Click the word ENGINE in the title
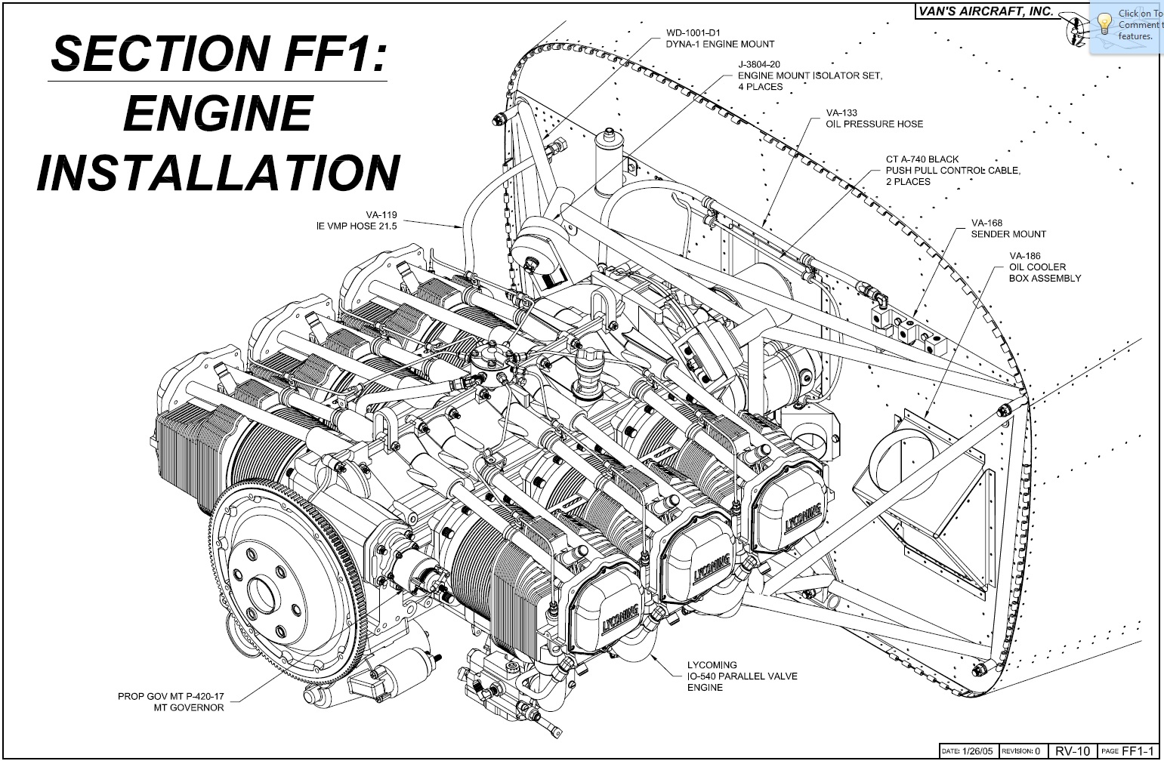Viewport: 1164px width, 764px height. [218, 113]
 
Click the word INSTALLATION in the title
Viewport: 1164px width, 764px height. [218, 172]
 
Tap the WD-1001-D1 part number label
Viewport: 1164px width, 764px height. [694, 33]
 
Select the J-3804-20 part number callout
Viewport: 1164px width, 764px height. [759, 65]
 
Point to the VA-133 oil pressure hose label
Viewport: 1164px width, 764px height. [841, 113]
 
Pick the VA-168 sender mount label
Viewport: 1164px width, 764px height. [986, 223]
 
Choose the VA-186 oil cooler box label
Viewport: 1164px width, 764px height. [1025, 256]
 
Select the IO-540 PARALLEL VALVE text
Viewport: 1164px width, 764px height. [742, 676]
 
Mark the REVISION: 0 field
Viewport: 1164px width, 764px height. [1020, 751]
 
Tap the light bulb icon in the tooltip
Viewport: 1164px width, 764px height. [1104, 23]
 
